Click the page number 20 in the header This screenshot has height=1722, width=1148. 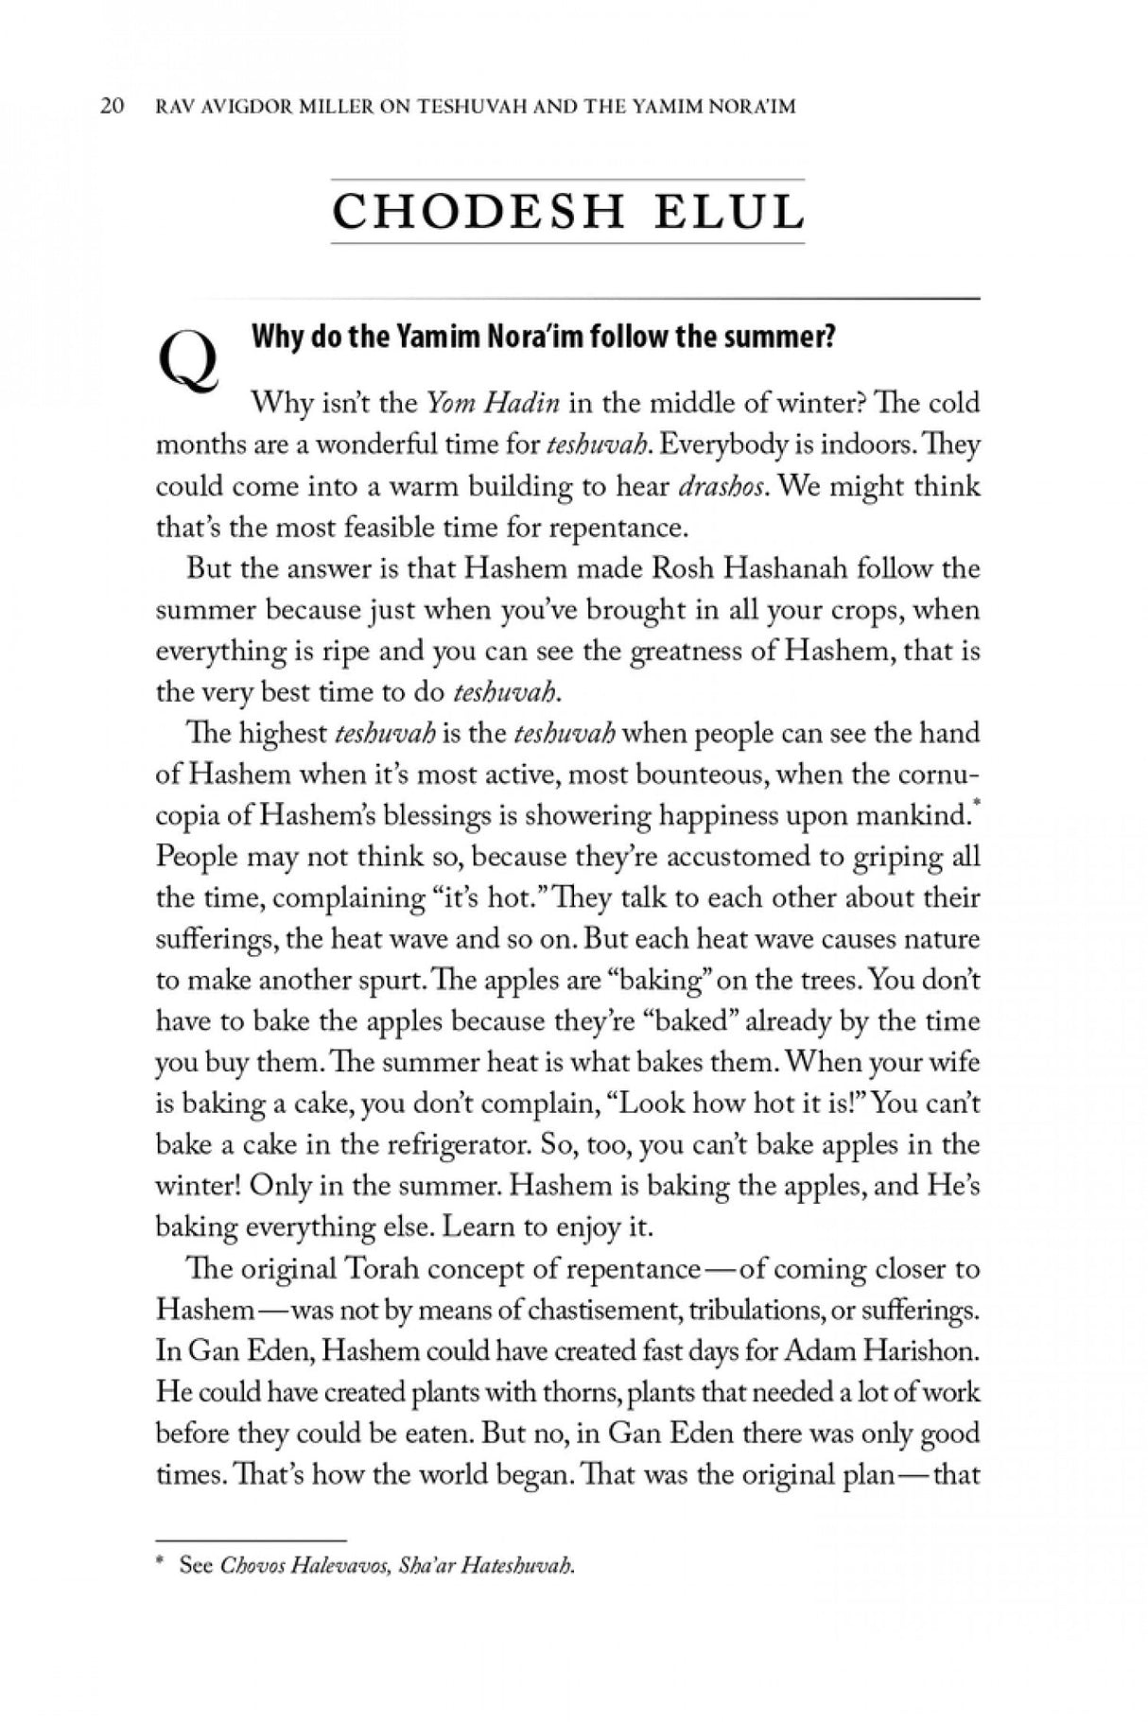click(x=112, y=106)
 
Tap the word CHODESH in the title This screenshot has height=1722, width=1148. click(x=478, y=212)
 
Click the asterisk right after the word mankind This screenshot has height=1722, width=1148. click(x=975, y=806)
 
